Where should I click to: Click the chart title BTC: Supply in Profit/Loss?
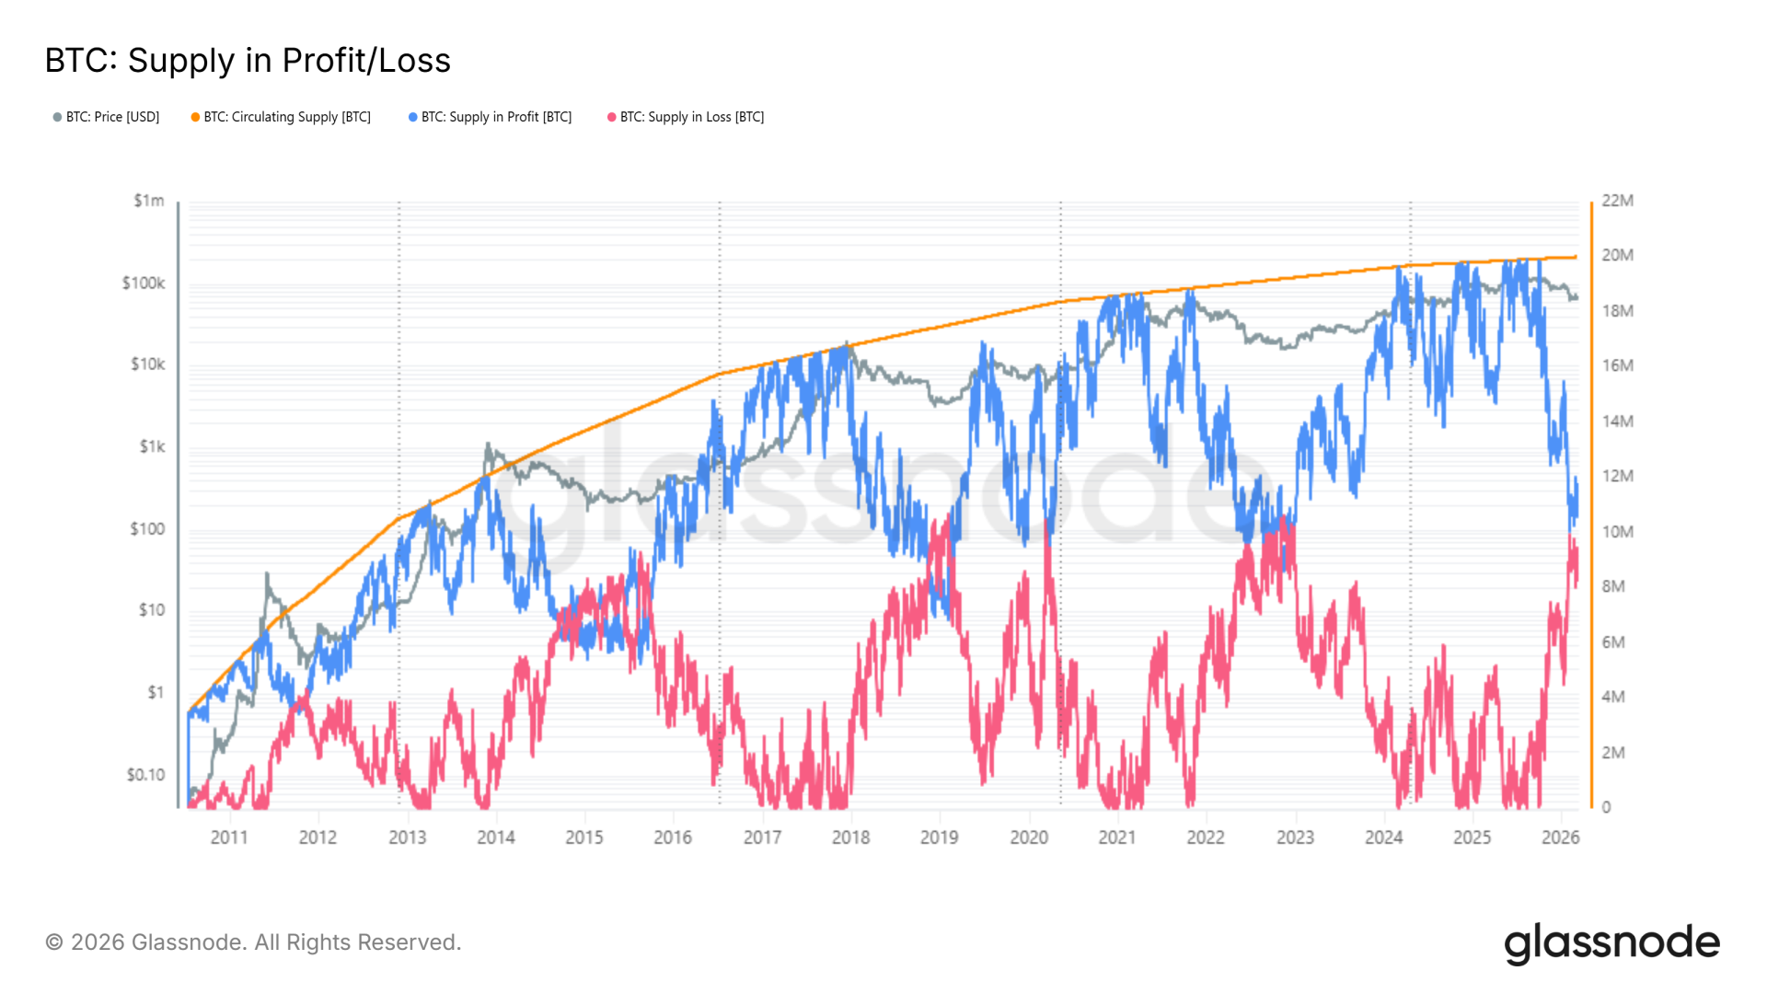pyautogui.click(x=248, y=61)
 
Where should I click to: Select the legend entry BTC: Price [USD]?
pyautogui.click(x=106, y=117)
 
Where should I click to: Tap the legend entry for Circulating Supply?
pyautogui.click(x=281, y=117)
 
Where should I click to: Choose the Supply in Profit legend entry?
pyautogui.click(x=491, y=117)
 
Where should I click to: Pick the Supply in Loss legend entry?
pyautogui.click(x=686, y=117)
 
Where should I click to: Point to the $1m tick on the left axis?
pyautogui.click(x=149, y=201)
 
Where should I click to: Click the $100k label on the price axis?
pyautogui.click(x=144, y=283)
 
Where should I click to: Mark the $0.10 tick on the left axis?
pyautogui.click(x=146, y=775)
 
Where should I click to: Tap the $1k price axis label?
pyautogui.click(x=153, y=446)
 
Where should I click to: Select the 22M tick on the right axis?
pyautogui.click(x=1618, y=201)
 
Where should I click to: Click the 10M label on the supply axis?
pyautogui.click(x=1618, y=532)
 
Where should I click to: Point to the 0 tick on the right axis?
pyautogui.click(x=1607, y=807)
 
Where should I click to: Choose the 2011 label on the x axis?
pyautogui.click(x=229, y=838)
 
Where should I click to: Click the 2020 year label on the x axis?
pyautogui.click(x=1029, y=838)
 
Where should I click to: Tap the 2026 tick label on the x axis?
pyautogui.click(x=1561, y=838)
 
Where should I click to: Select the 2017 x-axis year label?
pyautogui.click(x=762, y=838)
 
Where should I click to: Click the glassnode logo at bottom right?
pyautogui.click(x=1612, y=944)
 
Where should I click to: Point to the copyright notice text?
pyautogui.click(x=253, y=942)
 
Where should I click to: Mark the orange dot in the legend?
pyautogui.click(x=195, y=117)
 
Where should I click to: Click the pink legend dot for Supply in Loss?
pyautogui.click(x=611, y=117)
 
